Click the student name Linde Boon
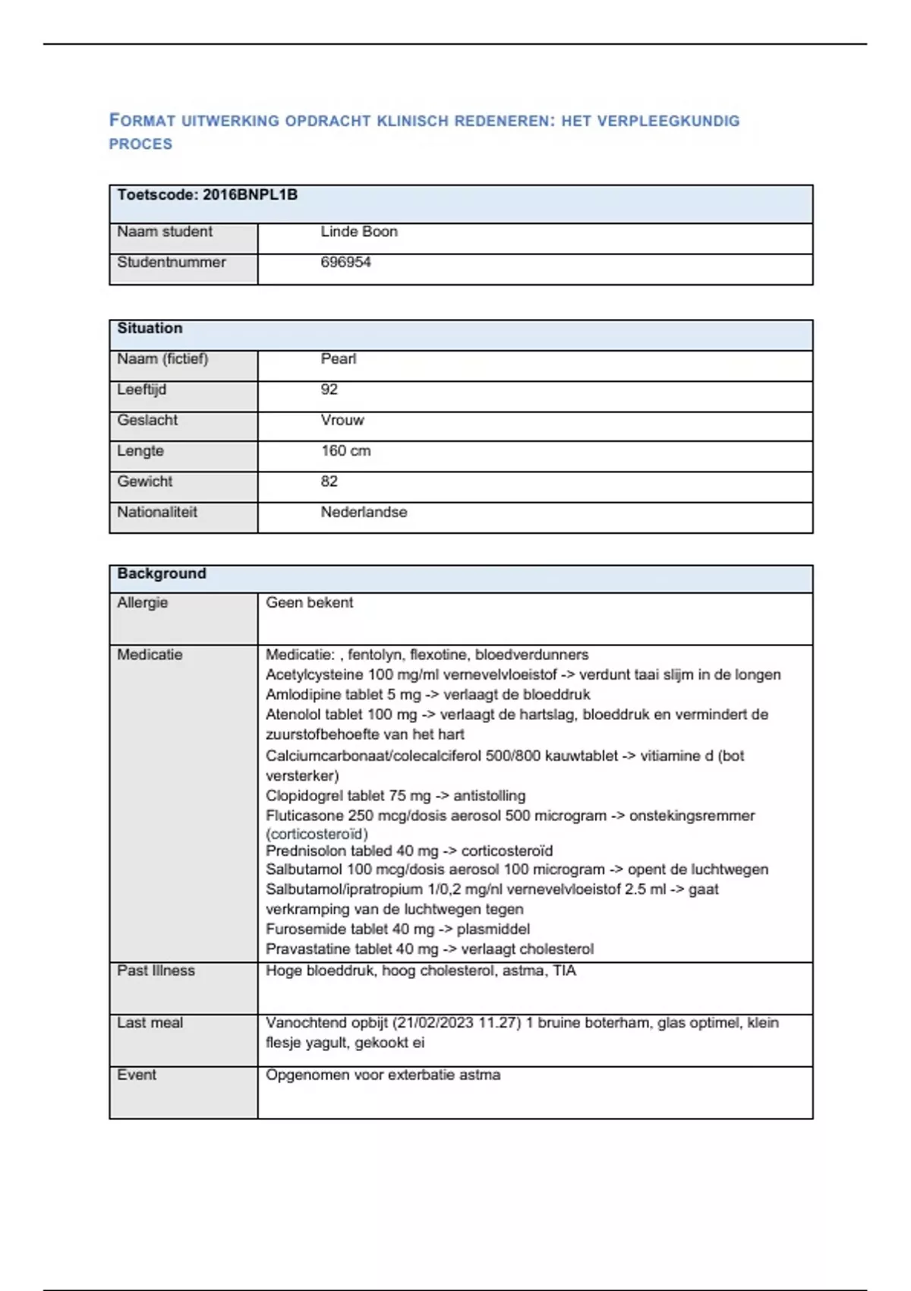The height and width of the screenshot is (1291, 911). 358,232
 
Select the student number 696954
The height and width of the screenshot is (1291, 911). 345,262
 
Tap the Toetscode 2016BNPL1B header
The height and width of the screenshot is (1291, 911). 207,195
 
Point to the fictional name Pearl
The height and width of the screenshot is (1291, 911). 338,359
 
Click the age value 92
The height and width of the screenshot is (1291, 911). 329,390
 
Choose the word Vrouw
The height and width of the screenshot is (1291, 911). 342,420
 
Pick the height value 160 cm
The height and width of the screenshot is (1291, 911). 345,451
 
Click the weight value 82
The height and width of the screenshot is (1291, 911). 329,481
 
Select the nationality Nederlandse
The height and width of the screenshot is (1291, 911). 364,513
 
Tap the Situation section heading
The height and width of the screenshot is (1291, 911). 150,328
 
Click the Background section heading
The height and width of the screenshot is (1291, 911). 161,573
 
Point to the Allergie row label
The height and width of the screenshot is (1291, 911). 142,603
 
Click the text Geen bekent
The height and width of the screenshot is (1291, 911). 309,603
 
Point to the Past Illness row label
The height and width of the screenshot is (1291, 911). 156,971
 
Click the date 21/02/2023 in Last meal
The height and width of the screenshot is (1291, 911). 435,1023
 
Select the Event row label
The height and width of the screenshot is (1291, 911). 137,1075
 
